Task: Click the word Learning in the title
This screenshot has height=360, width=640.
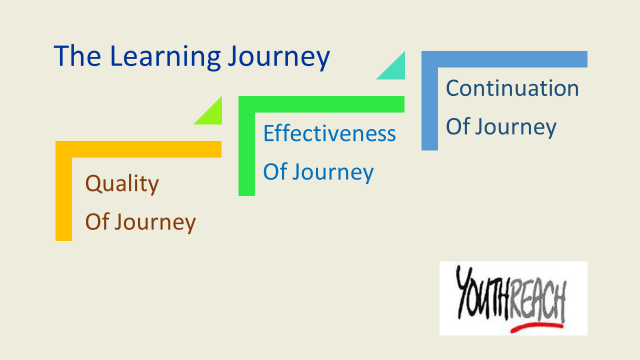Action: tap(165, 57)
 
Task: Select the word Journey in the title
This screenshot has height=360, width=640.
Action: tap(279, 58)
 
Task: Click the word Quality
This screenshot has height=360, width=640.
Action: tap(122, 184)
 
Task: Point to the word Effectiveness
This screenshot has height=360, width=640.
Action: tap(329, 133)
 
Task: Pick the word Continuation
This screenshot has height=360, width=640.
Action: tap(512, 88)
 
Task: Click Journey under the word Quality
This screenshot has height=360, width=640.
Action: tap(155, 222)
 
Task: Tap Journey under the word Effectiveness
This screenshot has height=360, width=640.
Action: tap(333, 172)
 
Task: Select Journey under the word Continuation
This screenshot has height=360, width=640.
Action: tap(515, 127)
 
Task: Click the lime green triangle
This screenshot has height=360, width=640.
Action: tap(212, 115)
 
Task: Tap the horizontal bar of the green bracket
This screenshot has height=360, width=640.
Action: tap(321, 104)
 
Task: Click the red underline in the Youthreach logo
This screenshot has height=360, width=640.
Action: tap(536, 327)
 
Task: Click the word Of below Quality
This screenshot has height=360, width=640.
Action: tap(97, 221)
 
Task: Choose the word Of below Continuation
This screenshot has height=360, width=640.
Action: tap(458, 126)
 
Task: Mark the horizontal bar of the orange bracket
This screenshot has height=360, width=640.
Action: tap(138, 149)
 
